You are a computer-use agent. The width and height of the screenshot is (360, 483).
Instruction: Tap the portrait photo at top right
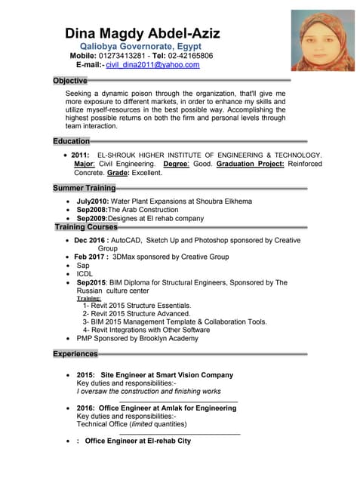[323, 40]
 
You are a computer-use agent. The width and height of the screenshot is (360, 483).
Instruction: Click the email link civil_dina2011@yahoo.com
[152, 65]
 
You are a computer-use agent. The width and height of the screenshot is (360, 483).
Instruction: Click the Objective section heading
[70, 80]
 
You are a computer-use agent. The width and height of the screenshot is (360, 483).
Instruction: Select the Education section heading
[72, 141]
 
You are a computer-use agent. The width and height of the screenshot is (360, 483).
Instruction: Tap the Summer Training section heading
[85, 187]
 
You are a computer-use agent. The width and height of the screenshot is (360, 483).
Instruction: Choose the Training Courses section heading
[86, 226]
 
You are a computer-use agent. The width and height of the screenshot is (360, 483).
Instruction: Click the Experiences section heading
[75, 353]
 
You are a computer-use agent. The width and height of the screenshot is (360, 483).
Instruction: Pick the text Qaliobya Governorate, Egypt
[140, 46]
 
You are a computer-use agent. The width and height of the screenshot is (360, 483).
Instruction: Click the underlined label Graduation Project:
[251, 163]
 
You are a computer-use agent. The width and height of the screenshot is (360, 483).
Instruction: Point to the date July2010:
[93, 202]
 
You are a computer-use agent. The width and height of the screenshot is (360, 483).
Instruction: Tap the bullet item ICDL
[85, 274]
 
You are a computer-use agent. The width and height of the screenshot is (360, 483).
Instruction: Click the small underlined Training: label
[89, 298]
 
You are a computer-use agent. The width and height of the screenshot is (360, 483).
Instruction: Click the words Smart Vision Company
[197, 374]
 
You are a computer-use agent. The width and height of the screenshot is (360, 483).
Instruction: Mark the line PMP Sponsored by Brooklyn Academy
[137, 339]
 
